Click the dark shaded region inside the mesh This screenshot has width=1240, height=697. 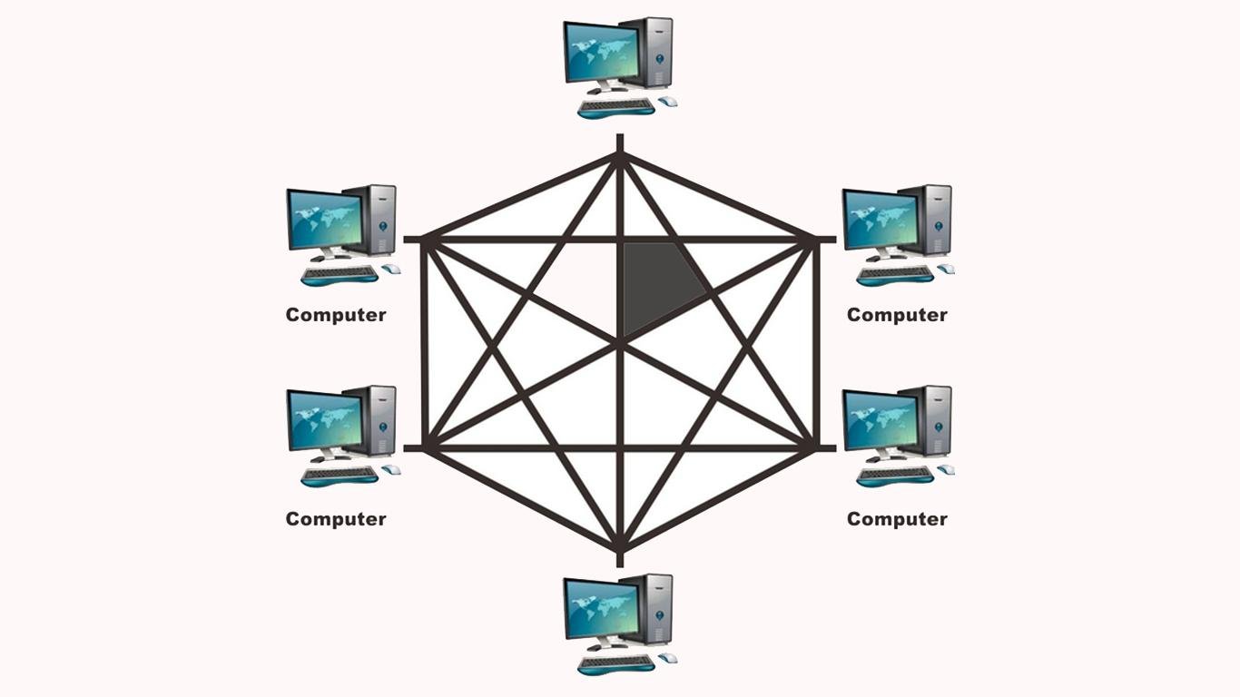click(x=658, y=283)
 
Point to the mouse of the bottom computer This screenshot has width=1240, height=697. click(x=668, y=658)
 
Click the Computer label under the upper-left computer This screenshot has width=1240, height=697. click(x=336, y=315)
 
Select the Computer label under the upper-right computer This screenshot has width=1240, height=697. click(x=897, y=315)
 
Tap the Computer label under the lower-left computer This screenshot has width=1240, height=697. click(x=336, y=519)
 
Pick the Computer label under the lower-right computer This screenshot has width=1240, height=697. click(x=897, y=519)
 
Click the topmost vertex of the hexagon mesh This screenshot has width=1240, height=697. click(x=620, y=155)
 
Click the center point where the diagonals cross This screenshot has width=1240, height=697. click(x=620, y=342)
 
